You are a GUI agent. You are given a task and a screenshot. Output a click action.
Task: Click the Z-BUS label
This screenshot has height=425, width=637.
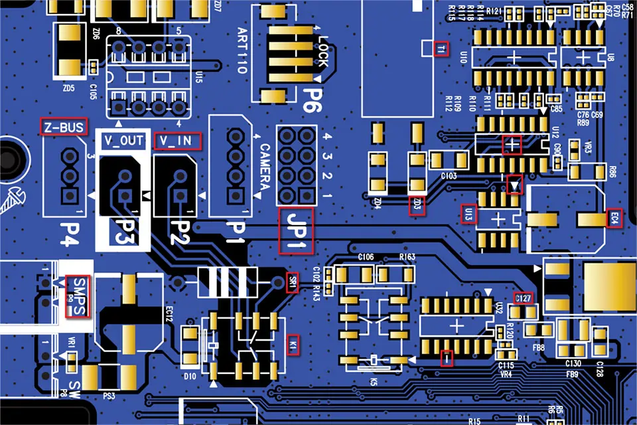64,127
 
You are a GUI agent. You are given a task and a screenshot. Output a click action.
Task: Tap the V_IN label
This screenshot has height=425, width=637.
175,141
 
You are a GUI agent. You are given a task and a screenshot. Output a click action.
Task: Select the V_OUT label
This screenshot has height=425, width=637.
123,141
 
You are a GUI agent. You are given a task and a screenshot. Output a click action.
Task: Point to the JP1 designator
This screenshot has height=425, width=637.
296,230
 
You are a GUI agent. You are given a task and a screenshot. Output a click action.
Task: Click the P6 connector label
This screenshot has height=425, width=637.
309,100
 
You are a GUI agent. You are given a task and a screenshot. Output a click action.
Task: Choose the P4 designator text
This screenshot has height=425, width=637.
70,232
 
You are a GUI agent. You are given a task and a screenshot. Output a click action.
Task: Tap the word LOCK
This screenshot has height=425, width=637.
322,52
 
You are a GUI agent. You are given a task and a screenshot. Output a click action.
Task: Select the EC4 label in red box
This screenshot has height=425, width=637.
614,218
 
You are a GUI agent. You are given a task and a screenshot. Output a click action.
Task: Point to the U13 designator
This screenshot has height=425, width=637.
468,214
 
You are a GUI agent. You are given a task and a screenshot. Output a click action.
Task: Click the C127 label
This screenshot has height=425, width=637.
523,298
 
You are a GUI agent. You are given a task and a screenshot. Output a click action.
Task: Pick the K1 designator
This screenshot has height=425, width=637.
293,345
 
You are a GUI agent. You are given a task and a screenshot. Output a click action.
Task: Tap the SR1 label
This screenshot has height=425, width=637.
293,282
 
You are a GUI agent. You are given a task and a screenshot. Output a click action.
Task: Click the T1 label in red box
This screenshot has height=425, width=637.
442,48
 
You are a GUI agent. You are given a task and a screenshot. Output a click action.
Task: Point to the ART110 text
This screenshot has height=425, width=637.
242,50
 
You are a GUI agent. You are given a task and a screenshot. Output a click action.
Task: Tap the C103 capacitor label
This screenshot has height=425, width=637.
449,176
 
